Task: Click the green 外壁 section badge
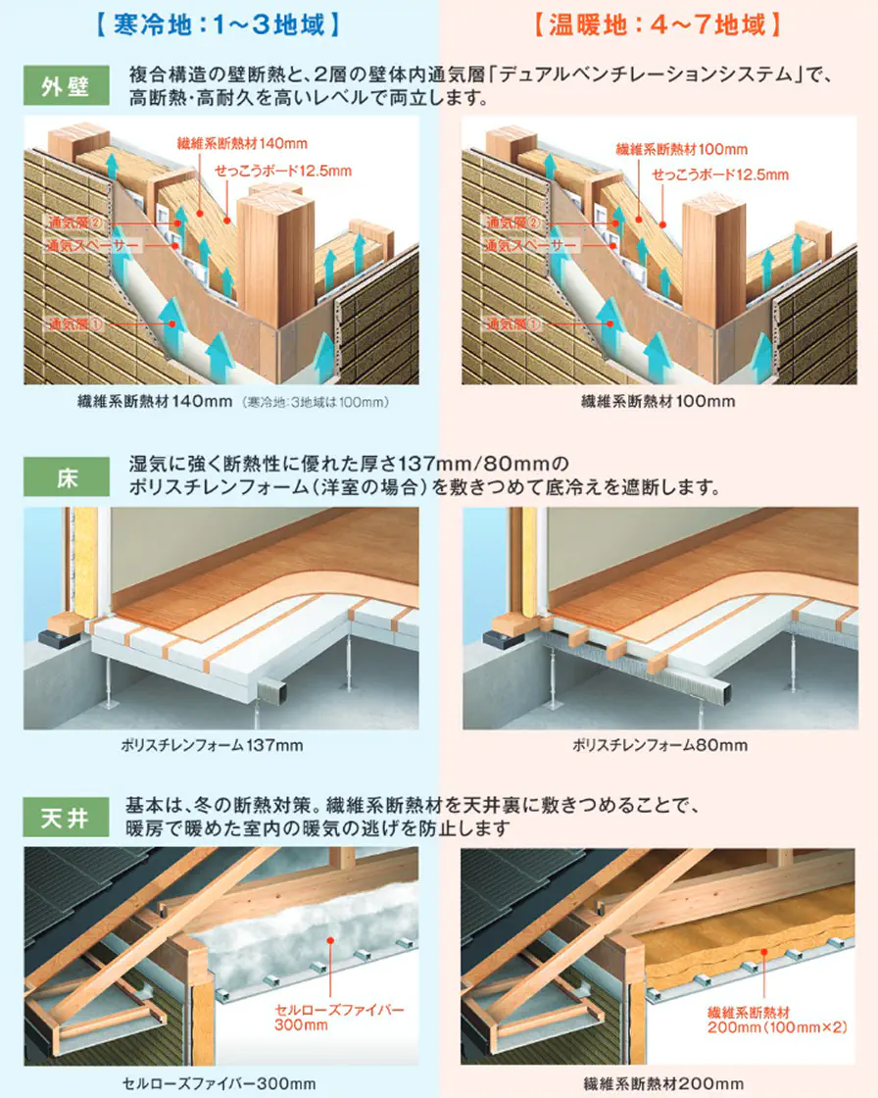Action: pos(67,85)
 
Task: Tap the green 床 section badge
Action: pos(67,476)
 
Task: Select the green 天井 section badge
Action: pos(67,818)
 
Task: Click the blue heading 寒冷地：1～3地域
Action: pos(218,25)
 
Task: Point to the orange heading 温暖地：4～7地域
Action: pos(658,25)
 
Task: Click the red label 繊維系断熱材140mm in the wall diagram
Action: pos(242,143)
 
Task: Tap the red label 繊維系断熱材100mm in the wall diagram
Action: pos(682,149)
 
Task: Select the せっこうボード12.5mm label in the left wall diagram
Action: pos(283,171)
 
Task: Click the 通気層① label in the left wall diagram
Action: pos(75,324)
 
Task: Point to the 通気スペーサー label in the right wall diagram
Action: pos(531,245)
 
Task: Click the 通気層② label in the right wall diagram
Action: pos(513,223)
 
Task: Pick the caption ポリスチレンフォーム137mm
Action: pos(212,745)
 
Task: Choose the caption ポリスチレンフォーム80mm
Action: pos(660,745)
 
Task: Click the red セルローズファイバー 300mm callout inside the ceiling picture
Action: pos(339,1018)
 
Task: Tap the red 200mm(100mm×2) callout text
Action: pos(777,1027)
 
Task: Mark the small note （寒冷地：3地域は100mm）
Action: pos(316,402)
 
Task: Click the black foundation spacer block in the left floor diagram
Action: pos(58,638)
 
